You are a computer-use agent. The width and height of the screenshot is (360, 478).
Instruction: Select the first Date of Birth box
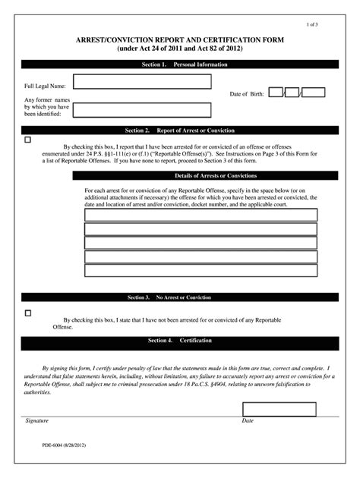point(276,93)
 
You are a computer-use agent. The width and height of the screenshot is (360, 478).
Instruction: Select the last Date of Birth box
point(314,93)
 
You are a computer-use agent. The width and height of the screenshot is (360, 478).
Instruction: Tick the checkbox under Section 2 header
point(28,140)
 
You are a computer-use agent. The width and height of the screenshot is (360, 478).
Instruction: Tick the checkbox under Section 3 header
point(28,313)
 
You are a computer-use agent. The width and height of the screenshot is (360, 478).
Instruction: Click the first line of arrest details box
point(201,215)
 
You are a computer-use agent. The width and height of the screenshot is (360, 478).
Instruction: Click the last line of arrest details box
point(201,270)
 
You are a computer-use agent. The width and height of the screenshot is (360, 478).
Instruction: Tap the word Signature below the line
point(36,420)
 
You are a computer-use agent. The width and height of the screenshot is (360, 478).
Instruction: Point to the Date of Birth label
point(247,94)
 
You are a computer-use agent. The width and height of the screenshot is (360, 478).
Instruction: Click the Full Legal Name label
point(45,86)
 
